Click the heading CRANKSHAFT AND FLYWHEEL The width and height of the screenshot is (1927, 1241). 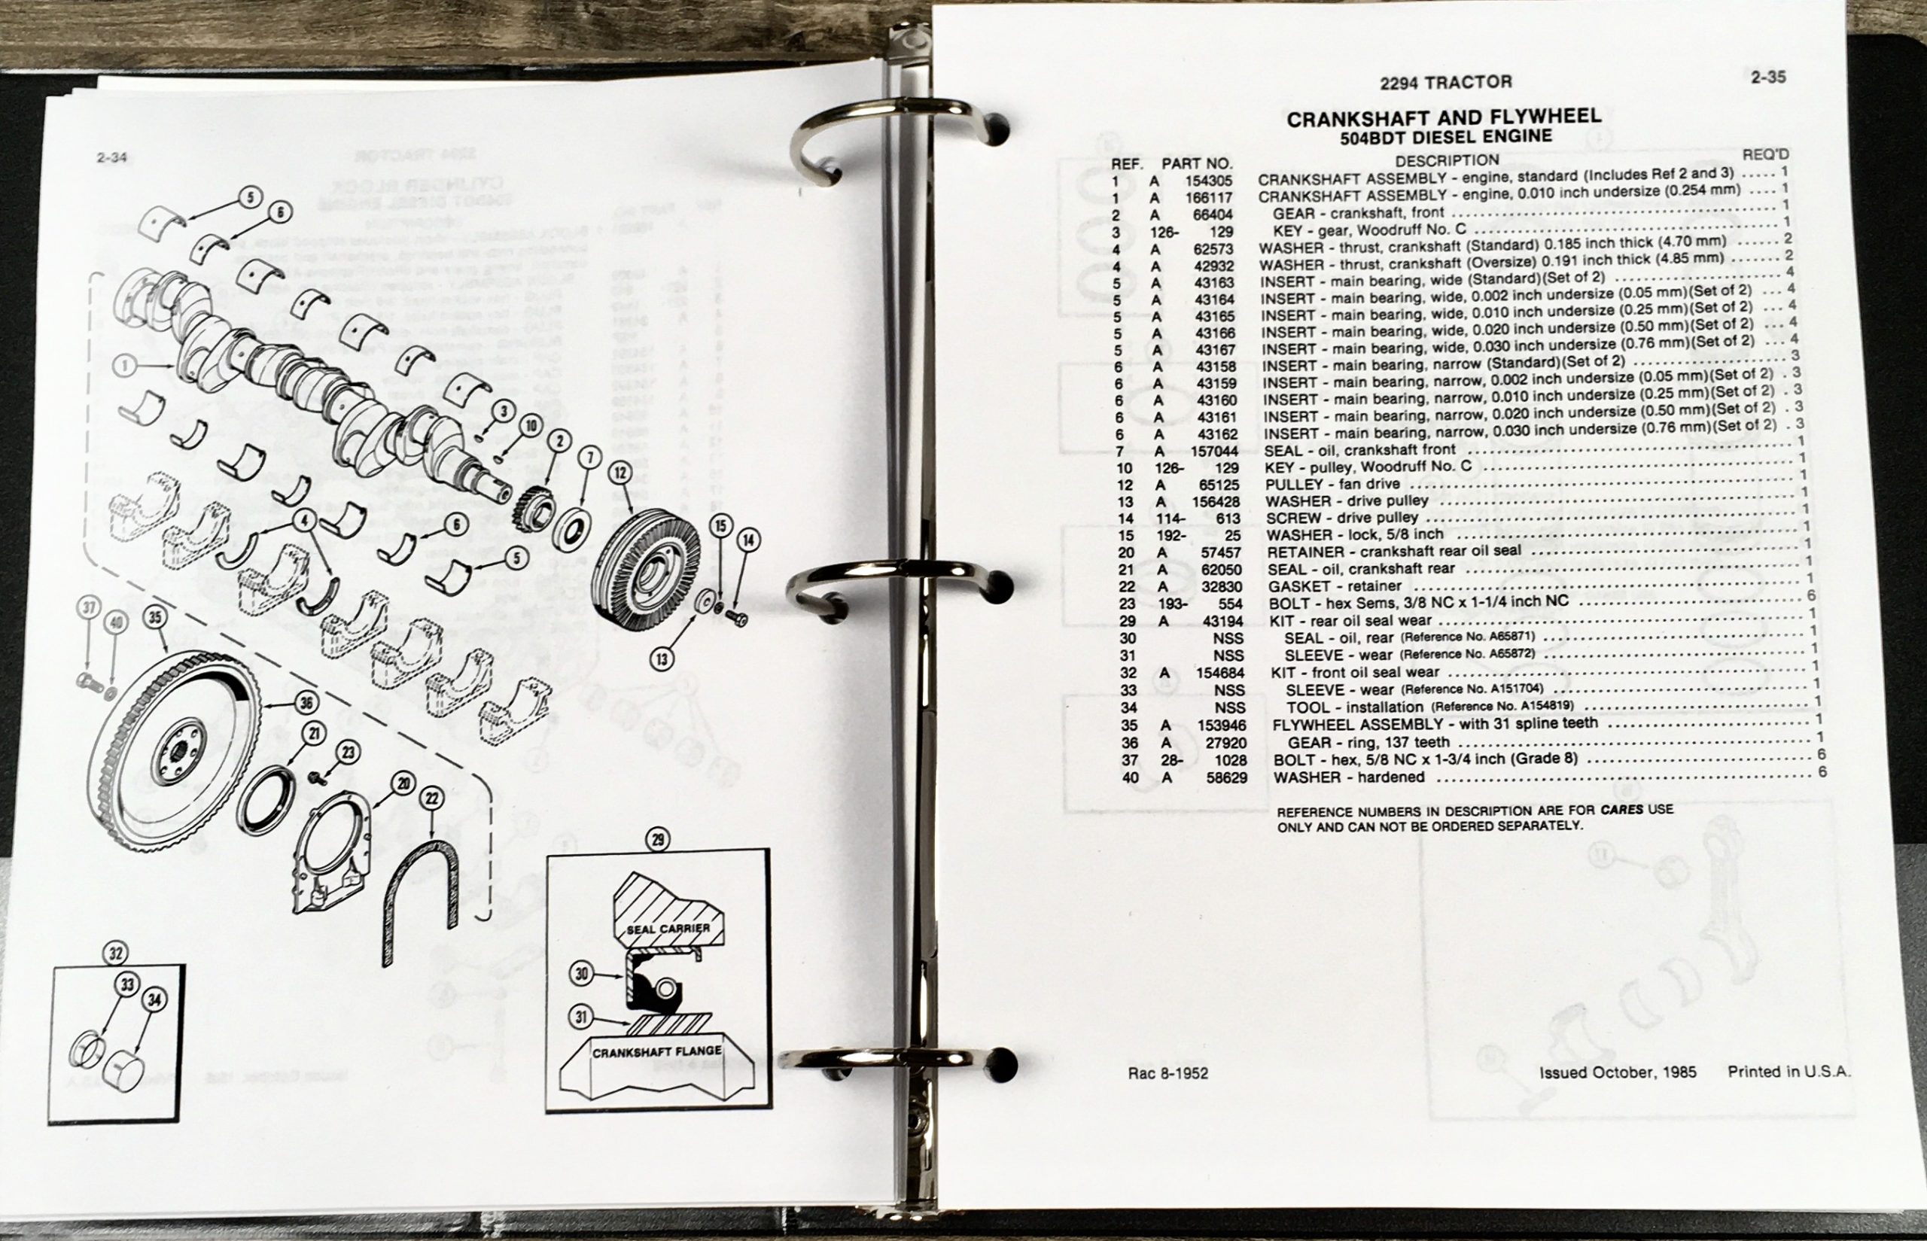pos(1444,117)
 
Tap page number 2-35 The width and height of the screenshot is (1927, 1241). pos(1767,78)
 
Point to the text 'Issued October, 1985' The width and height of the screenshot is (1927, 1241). pos(1618,1072)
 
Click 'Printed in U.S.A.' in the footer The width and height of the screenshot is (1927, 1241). pos(1789,1072)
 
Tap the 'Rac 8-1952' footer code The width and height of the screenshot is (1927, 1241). pos(1167,1073)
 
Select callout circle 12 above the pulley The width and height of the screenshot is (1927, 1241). pos(619,473)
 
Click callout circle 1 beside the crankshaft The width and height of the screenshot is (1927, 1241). pos(124,367)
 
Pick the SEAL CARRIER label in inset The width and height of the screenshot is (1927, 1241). pos(668,929)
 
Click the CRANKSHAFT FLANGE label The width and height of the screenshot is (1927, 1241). pos(657,1051)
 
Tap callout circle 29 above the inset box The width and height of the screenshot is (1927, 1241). pos(658,841)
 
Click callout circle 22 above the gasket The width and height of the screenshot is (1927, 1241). pos(432,798)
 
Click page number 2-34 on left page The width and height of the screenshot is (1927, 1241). pos(111,158)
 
